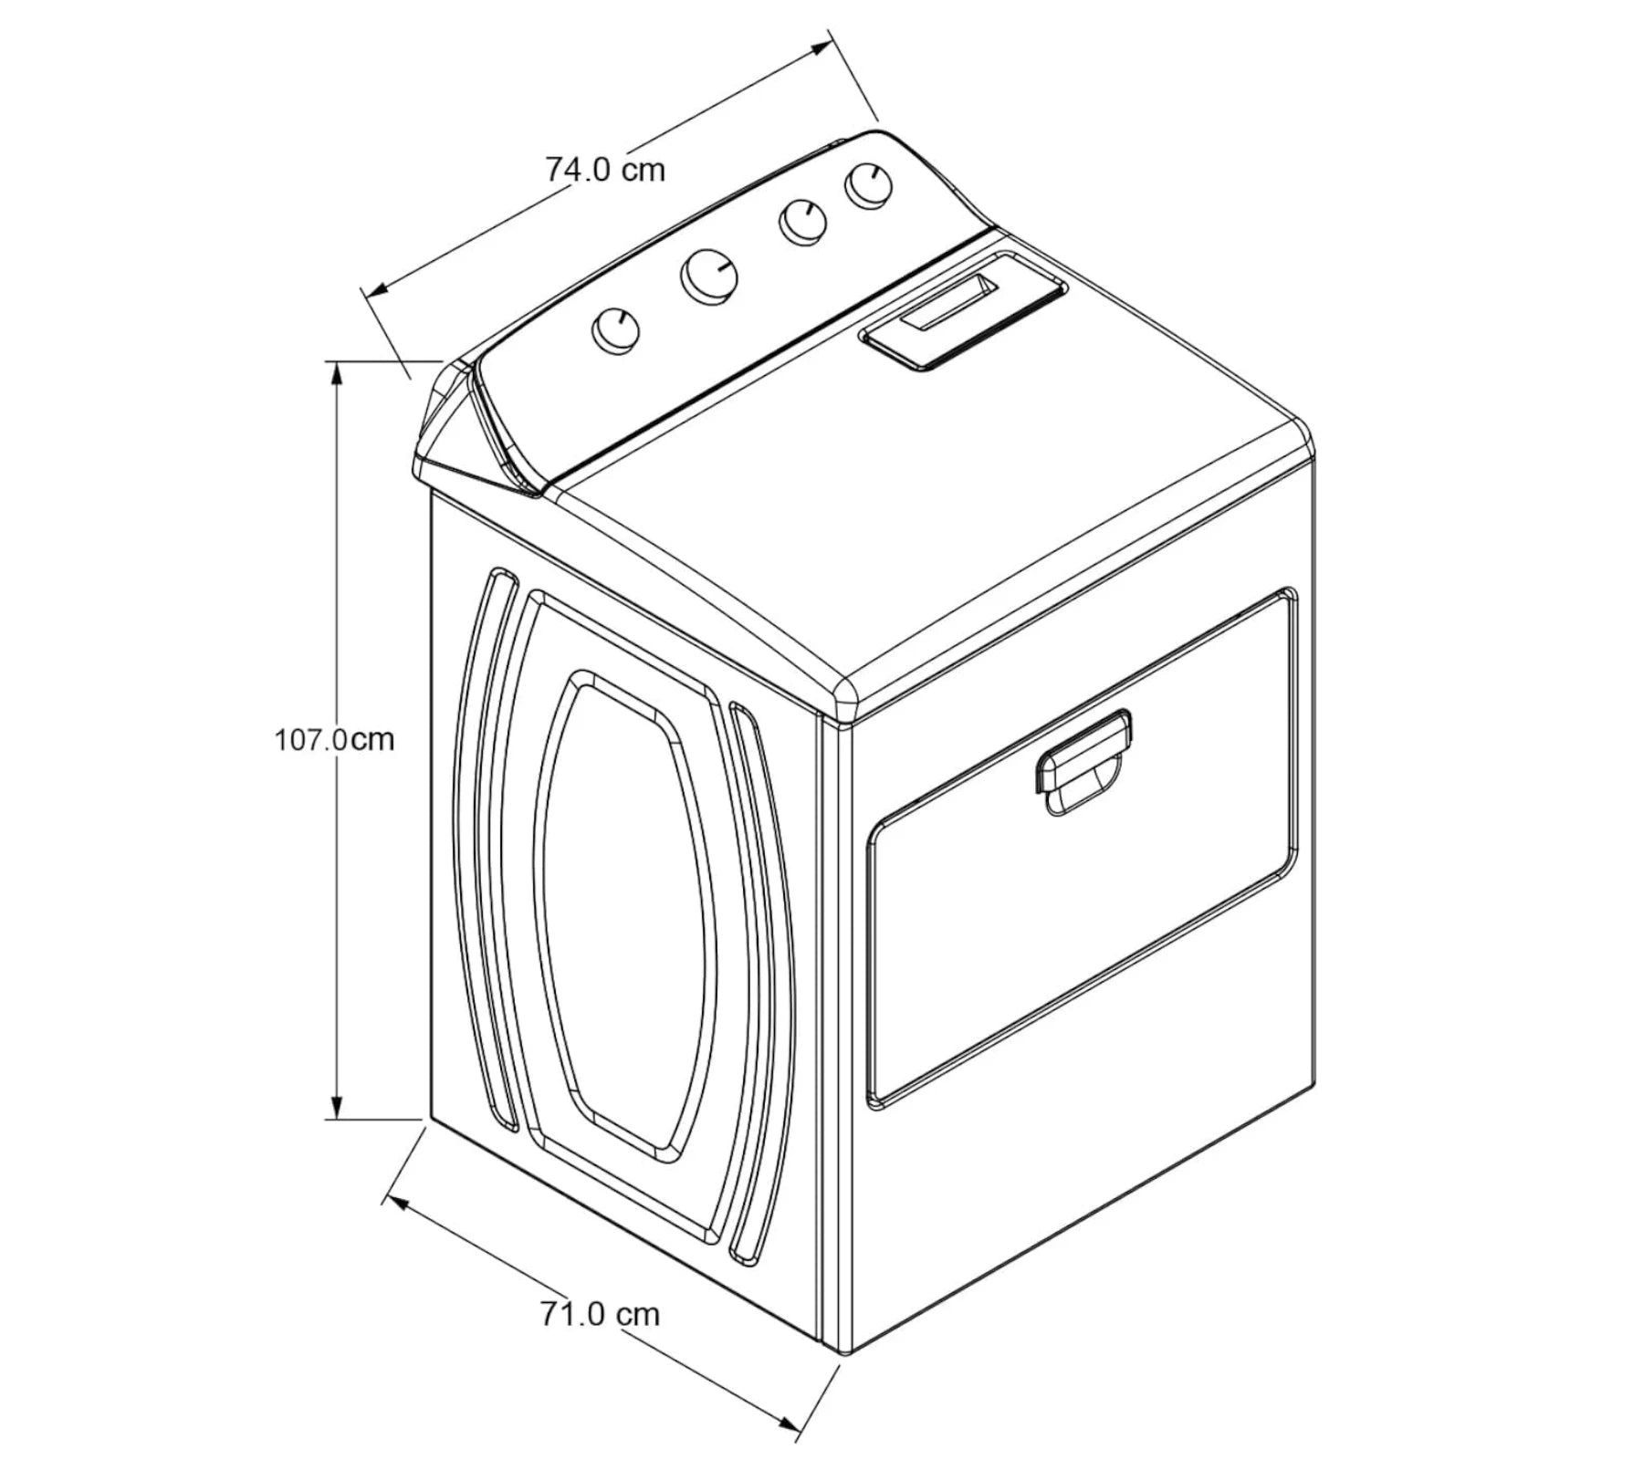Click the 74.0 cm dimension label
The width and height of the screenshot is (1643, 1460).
[605, 169]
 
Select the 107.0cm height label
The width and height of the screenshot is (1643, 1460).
[334, 738]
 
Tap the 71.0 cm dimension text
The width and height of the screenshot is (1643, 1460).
[599, 1314]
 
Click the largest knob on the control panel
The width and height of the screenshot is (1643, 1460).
[709, 276]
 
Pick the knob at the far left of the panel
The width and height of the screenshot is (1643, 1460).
[616, 330]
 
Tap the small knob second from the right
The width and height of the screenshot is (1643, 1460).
[802, 222]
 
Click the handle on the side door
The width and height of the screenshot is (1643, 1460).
[1083, 762]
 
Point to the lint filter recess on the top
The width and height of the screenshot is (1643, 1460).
[963, 310]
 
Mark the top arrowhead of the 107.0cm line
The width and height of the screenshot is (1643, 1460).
[338, 374]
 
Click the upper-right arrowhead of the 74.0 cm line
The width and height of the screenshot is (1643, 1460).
[818, 49]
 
